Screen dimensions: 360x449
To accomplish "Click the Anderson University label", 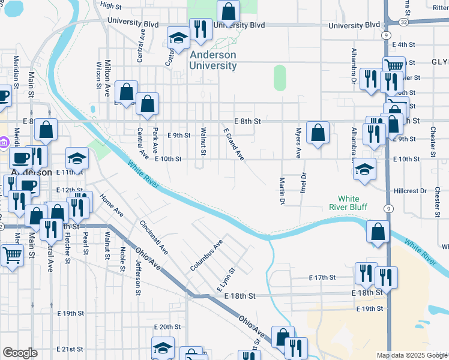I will coord(212,60).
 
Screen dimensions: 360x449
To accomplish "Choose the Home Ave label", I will coord(111,205).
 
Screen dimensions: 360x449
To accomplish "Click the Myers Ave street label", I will coord(298,143).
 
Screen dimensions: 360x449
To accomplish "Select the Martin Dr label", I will coord(281,190).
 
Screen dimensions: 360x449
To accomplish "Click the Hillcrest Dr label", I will coord(410,191).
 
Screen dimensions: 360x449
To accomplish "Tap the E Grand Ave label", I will coord(234,144).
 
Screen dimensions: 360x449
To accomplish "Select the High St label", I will coord(111,5).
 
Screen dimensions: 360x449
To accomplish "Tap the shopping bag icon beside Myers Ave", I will coord(318,133).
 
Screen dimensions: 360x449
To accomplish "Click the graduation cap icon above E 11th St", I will coord(77,158).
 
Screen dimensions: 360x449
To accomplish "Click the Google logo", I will coord(20,352).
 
